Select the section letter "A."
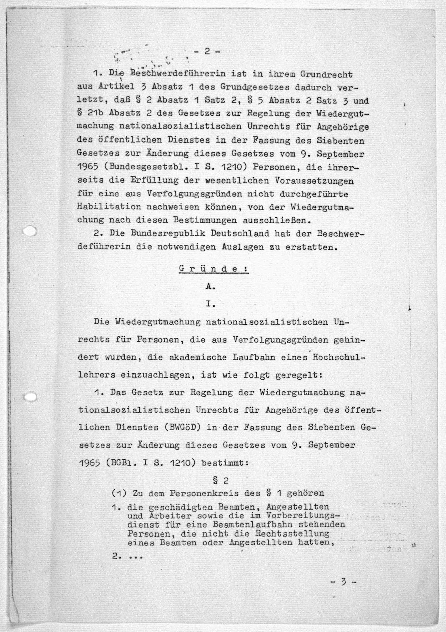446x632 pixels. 210,287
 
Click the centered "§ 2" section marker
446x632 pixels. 221,481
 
